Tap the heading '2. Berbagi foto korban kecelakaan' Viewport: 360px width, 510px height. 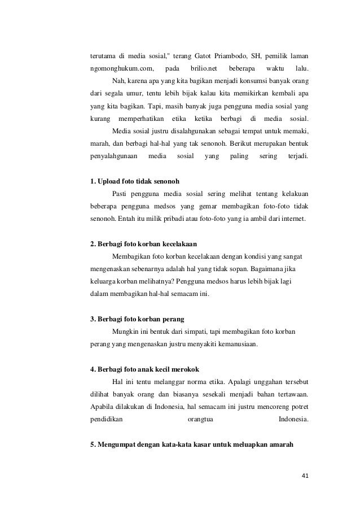point(143,243)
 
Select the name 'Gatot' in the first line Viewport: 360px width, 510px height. point(207,56)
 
